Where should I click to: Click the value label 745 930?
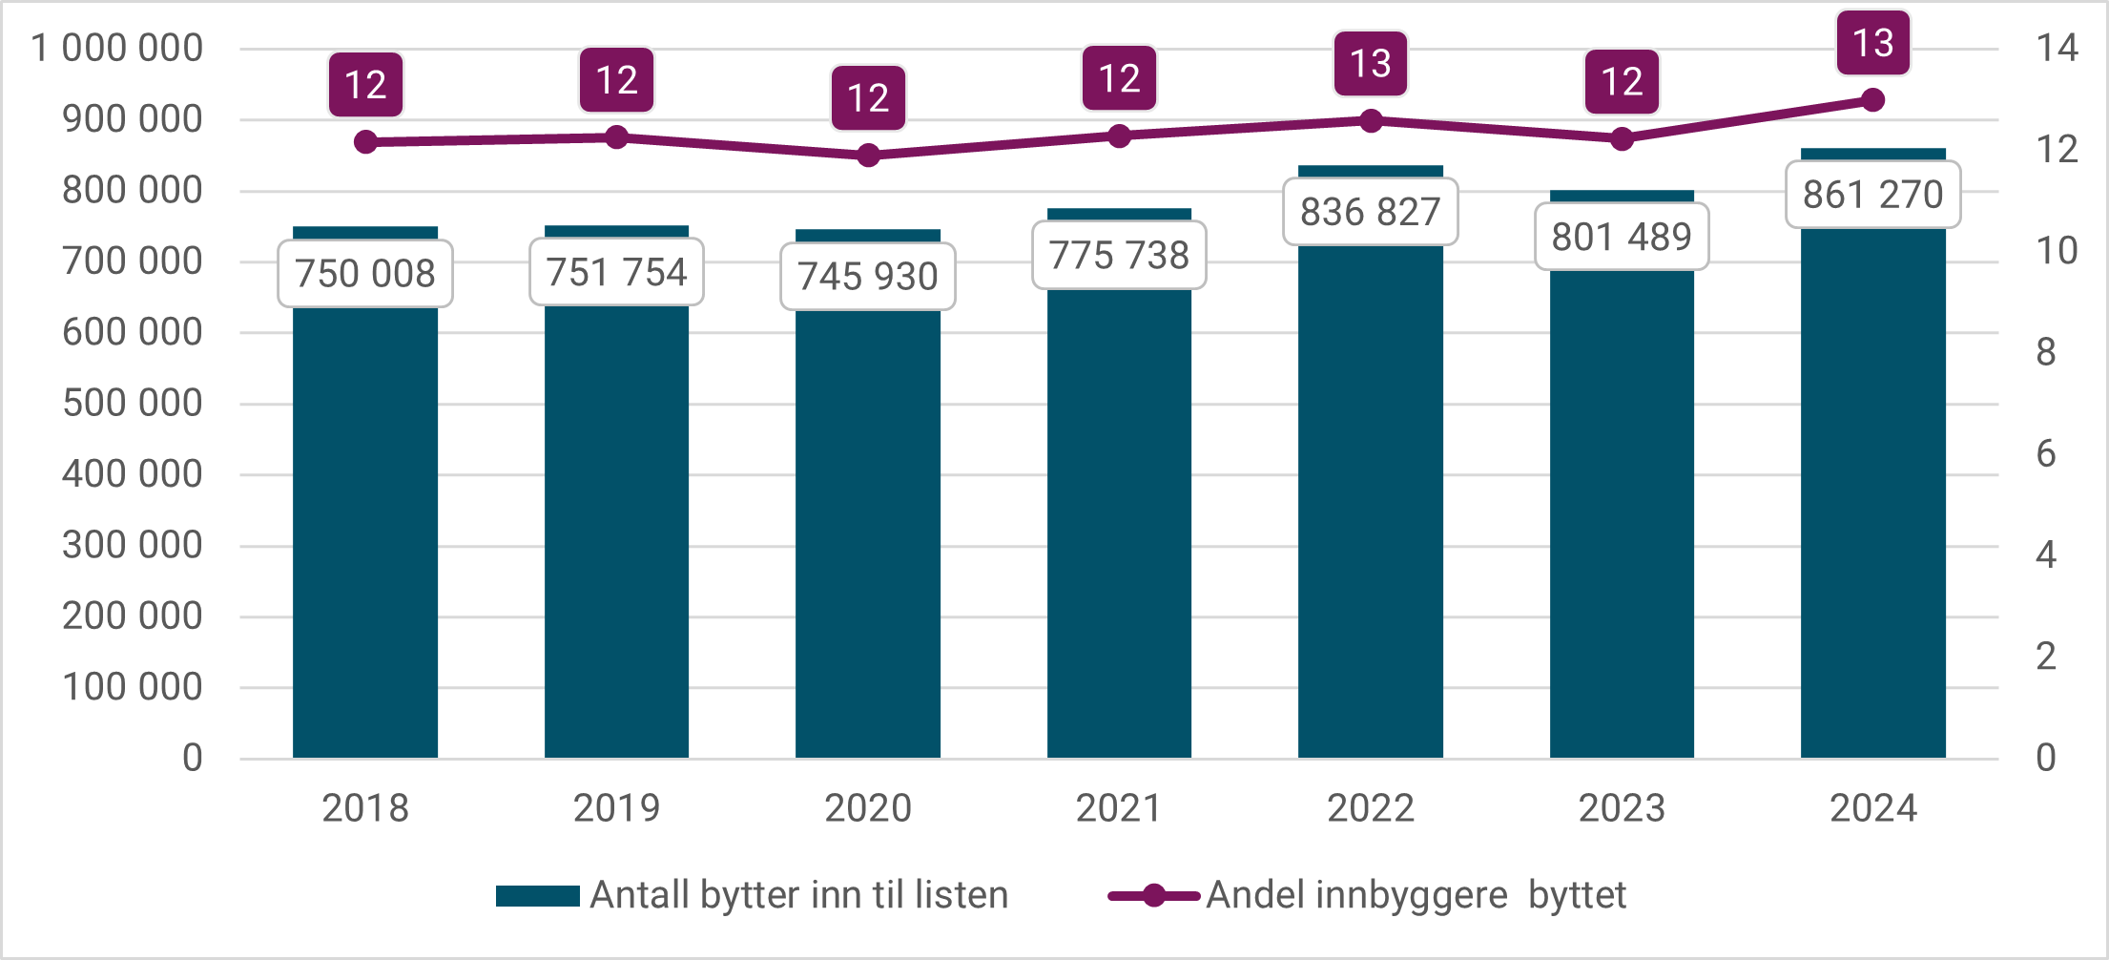pos(868,277)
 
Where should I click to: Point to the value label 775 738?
pos(1119,256)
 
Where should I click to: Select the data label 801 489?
pos(1622,237)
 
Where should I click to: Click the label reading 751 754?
pos(616,273)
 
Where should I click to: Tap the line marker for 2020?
pos(868,155)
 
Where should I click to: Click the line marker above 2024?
pos(1872,100)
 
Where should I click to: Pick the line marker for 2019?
pos(617,137)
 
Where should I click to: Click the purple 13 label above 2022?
pos(1371,64)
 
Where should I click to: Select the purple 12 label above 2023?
pos(1622,82)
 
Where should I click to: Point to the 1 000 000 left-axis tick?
pos(116,48)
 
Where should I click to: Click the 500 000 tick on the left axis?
pos(132,403)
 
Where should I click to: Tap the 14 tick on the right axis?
pos(2057,48)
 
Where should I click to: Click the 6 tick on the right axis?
pos(2046,453)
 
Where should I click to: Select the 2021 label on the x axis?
pos(1119,808)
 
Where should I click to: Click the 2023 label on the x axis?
pos(1622,808)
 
